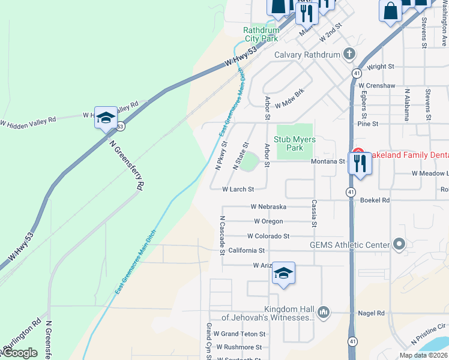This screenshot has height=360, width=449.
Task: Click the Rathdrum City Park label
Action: [x=261, y=34]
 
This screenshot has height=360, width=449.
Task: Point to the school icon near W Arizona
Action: [x=283, y=274]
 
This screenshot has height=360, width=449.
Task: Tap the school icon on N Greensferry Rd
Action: [x=106, y=118]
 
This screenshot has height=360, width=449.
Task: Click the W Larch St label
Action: [x=238, y=189]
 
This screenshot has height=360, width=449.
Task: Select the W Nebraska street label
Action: [x=268, y=207]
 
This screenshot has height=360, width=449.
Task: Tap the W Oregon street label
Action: [x=268, y=221]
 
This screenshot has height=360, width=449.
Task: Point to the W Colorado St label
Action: [x=268, y=236]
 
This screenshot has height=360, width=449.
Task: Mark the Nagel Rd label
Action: [x=373, y=313]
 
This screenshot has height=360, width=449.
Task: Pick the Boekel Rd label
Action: [x=375, y=200]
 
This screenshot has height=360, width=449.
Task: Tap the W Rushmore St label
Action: [x=239, y=347]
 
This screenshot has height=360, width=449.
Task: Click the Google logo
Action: [x=20, y=352]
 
